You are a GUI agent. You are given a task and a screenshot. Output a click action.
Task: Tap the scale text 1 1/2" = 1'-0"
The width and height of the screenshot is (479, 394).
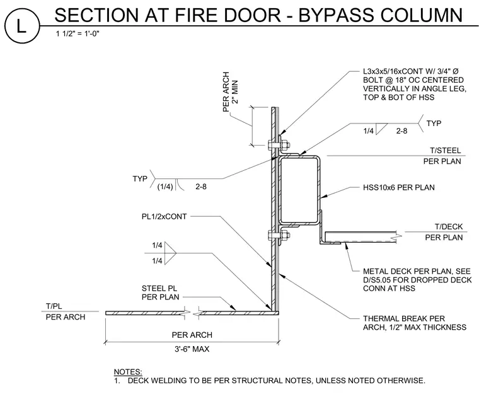[78, 33]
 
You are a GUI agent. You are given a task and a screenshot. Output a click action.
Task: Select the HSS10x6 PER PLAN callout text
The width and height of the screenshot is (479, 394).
[399, 187]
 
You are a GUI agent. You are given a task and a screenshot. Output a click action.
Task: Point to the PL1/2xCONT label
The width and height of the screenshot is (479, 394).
[164, 216]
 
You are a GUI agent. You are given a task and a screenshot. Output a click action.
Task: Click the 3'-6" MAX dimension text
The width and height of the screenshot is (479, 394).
[192, 349]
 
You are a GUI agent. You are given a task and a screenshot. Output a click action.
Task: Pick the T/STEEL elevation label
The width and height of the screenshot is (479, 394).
[446, 151]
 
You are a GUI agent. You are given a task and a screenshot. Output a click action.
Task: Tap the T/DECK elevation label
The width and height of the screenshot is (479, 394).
[449, 226]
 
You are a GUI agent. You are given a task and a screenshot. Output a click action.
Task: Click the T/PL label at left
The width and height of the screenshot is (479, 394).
[54, 306]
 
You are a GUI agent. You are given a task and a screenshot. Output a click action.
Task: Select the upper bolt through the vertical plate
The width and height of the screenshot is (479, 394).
[279, 145]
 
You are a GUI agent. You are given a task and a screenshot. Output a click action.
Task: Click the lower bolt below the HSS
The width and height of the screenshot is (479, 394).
[279, 235]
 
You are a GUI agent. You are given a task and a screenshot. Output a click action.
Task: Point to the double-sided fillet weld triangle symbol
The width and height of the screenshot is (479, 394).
[170, 253]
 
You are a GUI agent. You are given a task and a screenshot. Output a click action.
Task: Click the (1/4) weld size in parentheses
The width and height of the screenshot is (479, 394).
[165, 187]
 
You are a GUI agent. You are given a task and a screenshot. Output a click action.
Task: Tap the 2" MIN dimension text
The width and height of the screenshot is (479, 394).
[235, 91]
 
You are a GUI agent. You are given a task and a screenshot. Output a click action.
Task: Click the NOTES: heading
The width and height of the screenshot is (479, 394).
[128, 372]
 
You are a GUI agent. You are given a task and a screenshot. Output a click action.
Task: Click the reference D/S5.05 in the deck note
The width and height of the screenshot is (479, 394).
[378, 280]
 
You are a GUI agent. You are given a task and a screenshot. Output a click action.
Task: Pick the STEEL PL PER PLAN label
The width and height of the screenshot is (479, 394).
[160, 293]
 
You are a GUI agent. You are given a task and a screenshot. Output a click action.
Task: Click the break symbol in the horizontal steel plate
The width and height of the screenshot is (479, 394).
[192, 313]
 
